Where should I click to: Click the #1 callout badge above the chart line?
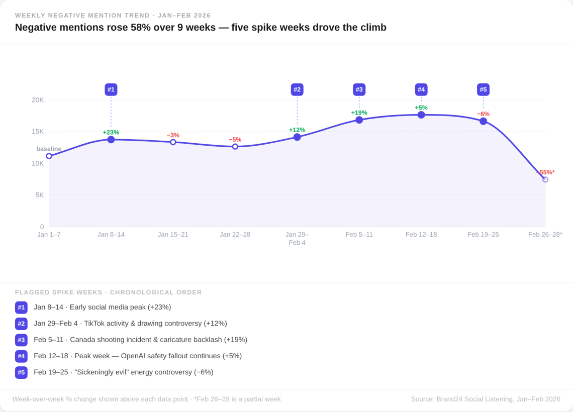coord(111,89)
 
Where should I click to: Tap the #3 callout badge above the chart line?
coord(359,89)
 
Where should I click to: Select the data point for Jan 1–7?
coord(49,156)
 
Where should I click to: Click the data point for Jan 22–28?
coord(235,146)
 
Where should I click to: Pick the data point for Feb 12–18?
coord(421,115)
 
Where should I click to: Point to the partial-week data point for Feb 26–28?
coord(545,179)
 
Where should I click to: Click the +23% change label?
coord(111,132)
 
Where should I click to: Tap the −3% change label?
coord(173,135)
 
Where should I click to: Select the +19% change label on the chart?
coord(359,113)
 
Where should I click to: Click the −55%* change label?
coord(546,172)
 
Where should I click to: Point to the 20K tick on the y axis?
coord(38,100)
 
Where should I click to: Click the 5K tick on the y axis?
coord(39,195)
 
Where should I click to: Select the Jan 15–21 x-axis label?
coord(173,235)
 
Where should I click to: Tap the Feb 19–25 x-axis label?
coord(483,235)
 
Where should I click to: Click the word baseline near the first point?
coord(49,149)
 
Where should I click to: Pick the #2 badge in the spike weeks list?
coord(21,324)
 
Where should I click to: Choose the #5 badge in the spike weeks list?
coord(21,372)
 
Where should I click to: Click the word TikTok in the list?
coord(95,324)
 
